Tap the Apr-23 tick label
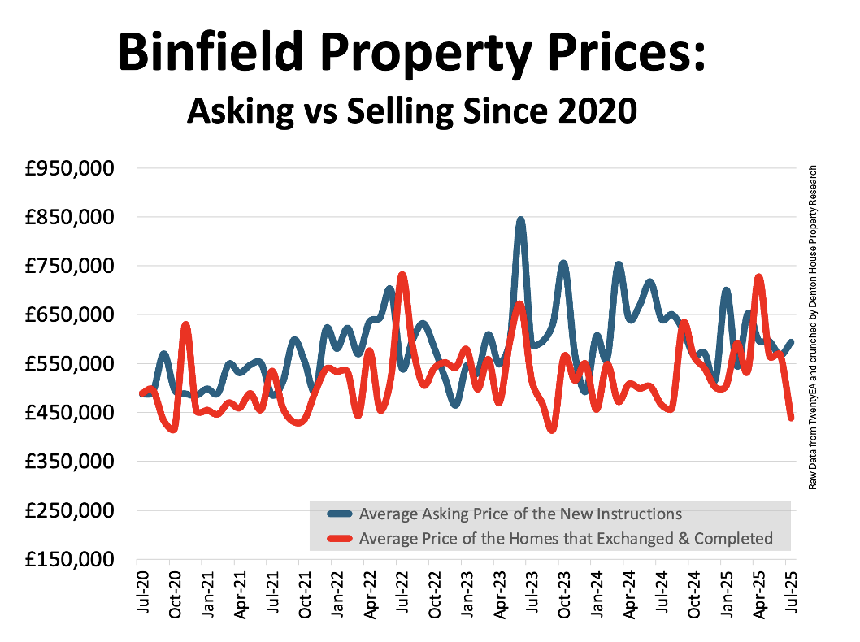pos(499,596)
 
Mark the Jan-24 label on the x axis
pos(597,596)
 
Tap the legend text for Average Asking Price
pos(520,514)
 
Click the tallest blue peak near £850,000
pos(520,220)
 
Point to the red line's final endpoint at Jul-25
pos(791,418)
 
